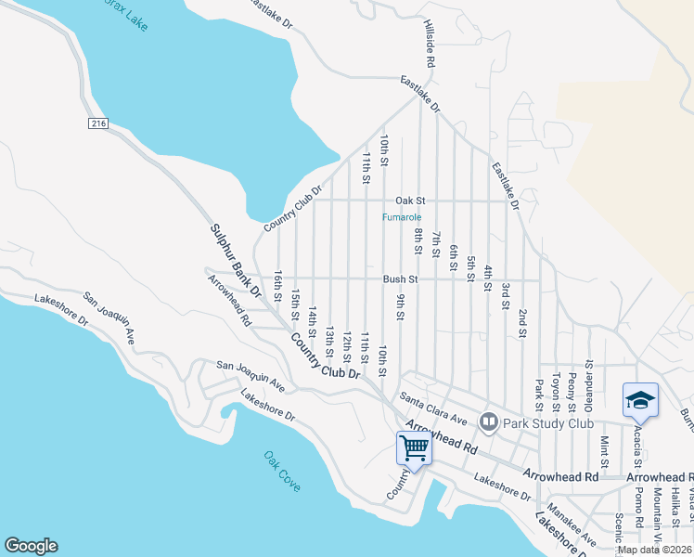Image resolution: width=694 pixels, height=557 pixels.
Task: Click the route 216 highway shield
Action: point(99,123)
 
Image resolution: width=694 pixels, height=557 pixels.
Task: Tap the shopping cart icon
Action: point(414,448)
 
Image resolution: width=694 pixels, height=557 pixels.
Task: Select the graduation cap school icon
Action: point(640,399)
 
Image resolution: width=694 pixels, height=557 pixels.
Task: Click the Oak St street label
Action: point(409,201)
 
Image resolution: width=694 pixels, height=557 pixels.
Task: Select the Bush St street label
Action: point(401,278)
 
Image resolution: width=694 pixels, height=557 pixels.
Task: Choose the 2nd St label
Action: point(522,322)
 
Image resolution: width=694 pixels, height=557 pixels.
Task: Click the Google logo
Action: point(31,546)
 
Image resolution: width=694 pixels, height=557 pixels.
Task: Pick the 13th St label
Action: point(329,340)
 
